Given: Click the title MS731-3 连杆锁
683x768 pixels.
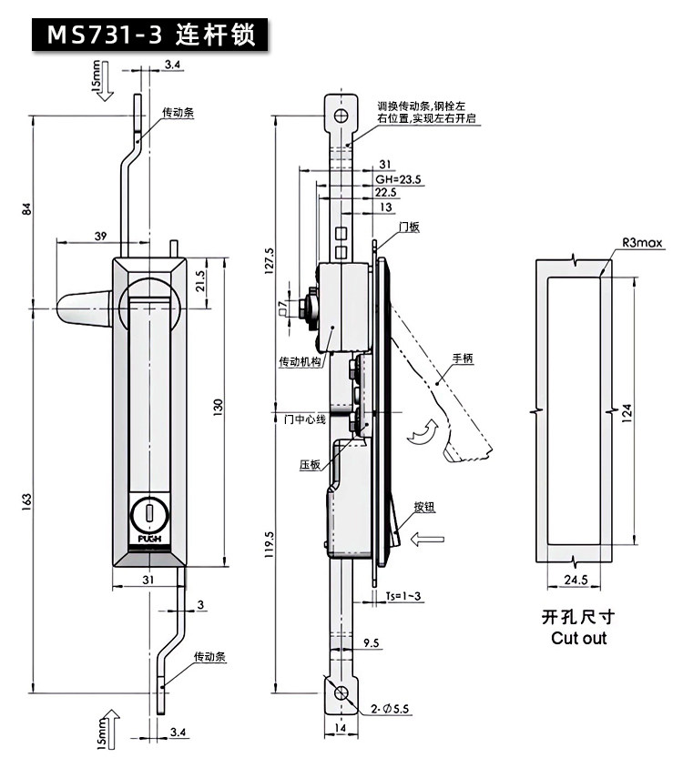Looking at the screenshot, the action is [x=150, y=35].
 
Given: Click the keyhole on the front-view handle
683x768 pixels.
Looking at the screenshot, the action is [x=149, y=513].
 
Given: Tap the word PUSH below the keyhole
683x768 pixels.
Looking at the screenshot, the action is [x=149, y=540].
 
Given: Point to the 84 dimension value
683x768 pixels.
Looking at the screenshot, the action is [x=26, y=208].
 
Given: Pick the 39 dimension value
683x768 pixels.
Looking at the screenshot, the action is [x=100, y=236].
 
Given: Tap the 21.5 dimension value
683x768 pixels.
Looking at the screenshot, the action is [x=200, y=281].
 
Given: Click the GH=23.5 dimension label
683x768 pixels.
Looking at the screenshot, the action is [x=398, y=179].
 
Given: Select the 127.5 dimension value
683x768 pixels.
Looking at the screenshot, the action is [x=270, y=260].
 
